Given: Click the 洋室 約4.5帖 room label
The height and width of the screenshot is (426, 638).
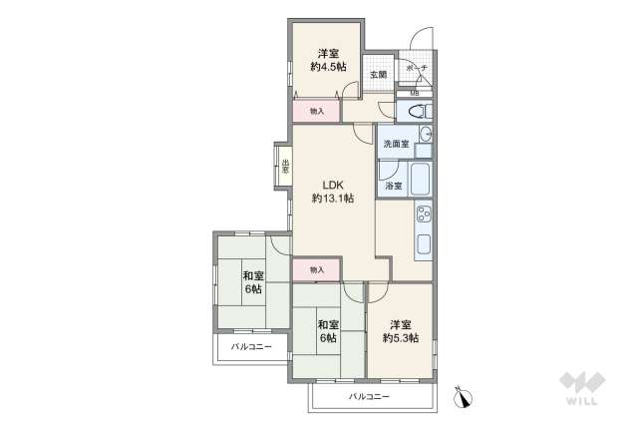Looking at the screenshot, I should pyautogui.click(x=326, y=59).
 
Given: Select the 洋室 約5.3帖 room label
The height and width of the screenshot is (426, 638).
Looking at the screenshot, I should pyautogui.click(x=400, y=331).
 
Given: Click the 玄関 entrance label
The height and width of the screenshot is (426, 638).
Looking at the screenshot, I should pyautogui.click(x=378, y=74).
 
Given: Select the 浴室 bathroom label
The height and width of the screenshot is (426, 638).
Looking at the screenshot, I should pyautogui.click(x=393, y=186).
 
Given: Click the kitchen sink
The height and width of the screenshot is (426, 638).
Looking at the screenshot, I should pyautogui.click(x=423, y=243).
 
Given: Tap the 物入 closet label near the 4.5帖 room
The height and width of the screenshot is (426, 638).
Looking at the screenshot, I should pyautogui.click(x=317, y=112).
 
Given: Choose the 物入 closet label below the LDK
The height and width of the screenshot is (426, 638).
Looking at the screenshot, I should pyautogui.click(x=316, y=269).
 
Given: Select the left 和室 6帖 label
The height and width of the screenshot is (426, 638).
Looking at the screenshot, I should pyautogui.click(x=251, y=281).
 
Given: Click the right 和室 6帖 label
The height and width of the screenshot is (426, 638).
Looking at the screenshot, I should pyautogui.click(x=327, y=331).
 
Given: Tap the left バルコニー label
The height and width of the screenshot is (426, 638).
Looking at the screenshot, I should pyautogui.click(x=251, y=347).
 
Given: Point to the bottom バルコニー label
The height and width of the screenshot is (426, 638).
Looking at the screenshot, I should pyautogui.click(x=369, y=396).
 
